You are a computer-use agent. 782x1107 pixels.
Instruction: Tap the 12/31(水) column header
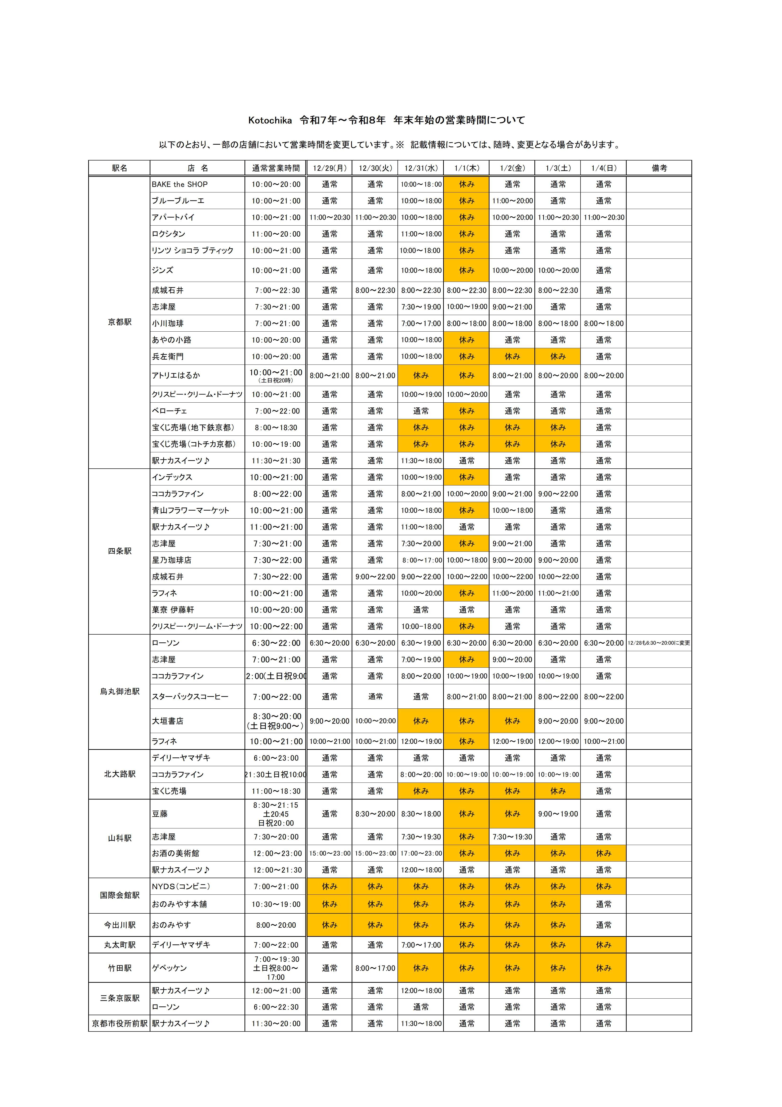[x=421, y=168]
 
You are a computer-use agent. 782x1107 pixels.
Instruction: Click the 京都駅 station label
[x=119, y=322]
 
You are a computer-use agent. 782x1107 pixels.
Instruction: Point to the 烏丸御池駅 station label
[x=119, y=691]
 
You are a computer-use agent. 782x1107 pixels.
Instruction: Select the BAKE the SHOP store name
[x=180, y=184]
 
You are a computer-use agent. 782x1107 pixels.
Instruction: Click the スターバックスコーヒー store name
[x=190, y=697]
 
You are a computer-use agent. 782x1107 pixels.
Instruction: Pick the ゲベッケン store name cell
[x=170, y=968]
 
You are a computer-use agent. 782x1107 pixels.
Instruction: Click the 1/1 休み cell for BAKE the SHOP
[x=466, y=184]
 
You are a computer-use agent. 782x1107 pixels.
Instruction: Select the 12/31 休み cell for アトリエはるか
[x=421, y=375]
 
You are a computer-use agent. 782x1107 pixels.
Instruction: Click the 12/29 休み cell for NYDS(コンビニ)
[x=330, y=886]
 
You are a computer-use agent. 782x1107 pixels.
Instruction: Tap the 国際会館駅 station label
[x=119, y=895]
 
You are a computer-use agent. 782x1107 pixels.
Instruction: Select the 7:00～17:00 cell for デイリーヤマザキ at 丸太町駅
[x=421, y=945]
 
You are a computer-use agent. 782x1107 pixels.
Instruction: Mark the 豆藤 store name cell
[x=160, y=814]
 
